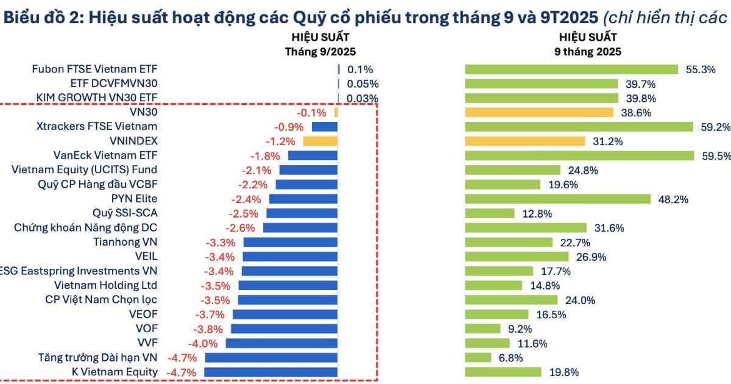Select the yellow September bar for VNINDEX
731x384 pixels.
(x=320, y=141)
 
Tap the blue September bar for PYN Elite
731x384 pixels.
(x=303, y=199)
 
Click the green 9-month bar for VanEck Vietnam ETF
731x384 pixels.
(x=579, y=155)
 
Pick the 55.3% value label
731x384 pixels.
(x=701, y=69)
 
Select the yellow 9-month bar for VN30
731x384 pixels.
(x=539, y=112)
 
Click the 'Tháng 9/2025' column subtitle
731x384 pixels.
(x=320, y=52)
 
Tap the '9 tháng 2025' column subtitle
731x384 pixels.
(x=588, y=52)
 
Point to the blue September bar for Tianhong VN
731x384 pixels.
(x=290, y=242)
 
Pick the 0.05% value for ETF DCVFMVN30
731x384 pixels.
(x=362, y=84)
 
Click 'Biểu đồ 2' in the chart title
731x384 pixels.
(x=40, y=16)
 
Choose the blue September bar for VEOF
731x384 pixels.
(x=285, y=315)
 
